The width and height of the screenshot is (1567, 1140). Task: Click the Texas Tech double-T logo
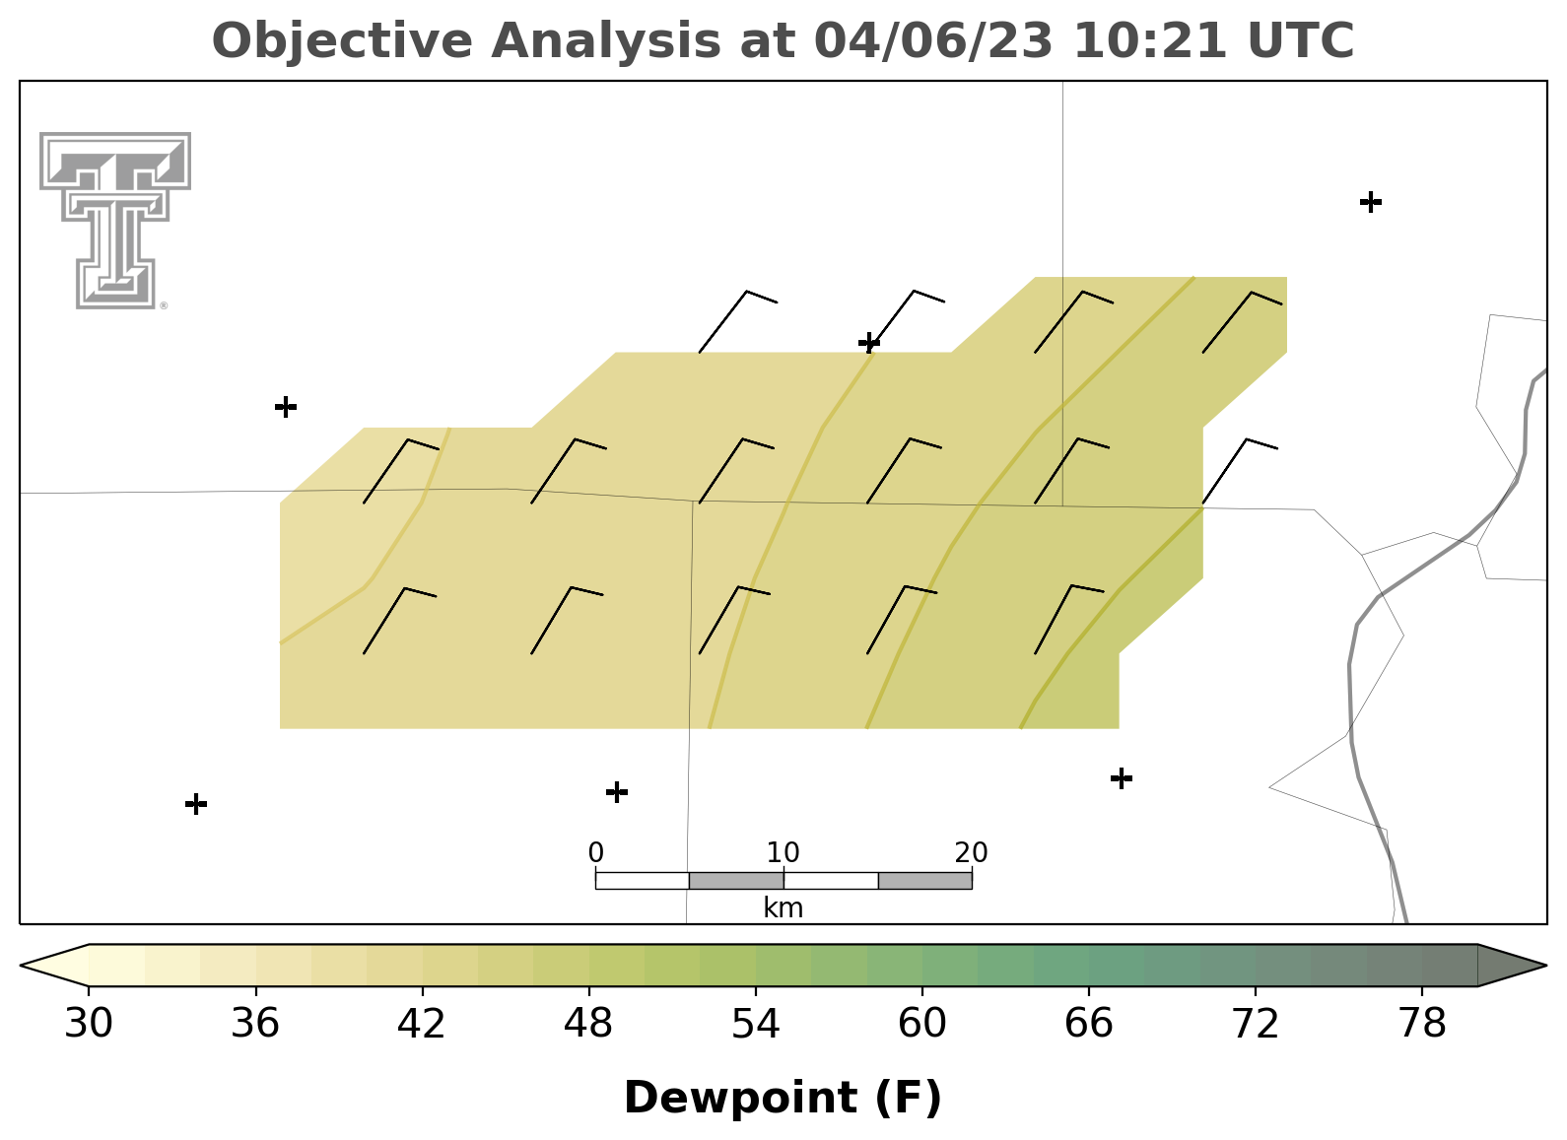coord(115,221)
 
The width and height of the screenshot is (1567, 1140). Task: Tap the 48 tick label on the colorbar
coord(588,1024)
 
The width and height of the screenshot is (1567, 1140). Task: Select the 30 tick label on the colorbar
coord(88,1024)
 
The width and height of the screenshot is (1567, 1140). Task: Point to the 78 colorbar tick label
coord(1421,1024)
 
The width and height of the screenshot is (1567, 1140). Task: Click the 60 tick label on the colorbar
coord(922,1024)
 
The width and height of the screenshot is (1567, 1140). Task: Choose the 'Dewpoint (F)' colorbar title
coord(783,1098)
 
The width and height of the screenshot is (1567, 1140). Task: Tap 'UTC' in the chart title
coord(1301,40)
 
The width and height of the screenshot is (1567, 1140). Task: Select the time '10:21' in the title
coord(1150,40)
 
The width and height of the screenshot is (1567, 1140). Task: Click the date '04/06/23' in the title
coord(933,41)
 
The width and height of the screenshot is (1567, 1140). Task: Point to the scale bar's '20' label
coord(971,853)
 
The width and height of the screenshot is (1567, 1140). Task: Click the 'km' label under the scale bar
coord(783,908)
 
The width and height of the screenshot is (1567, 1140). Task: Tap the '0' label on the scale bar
coord(595,853)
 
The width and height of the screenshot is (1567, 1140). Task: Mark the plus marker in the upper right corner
coord(1371,202)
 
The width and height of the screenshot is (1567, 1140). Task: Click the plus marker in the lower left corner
coord(196,804)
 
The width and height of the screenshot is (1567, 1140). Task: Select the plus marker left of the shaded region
coord(286,407)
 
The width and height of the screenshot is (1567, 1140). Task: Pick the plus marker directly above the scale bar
coord(616,792)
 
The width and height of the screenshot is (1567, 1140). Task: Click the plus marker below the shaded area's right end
coord(1122,778)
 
